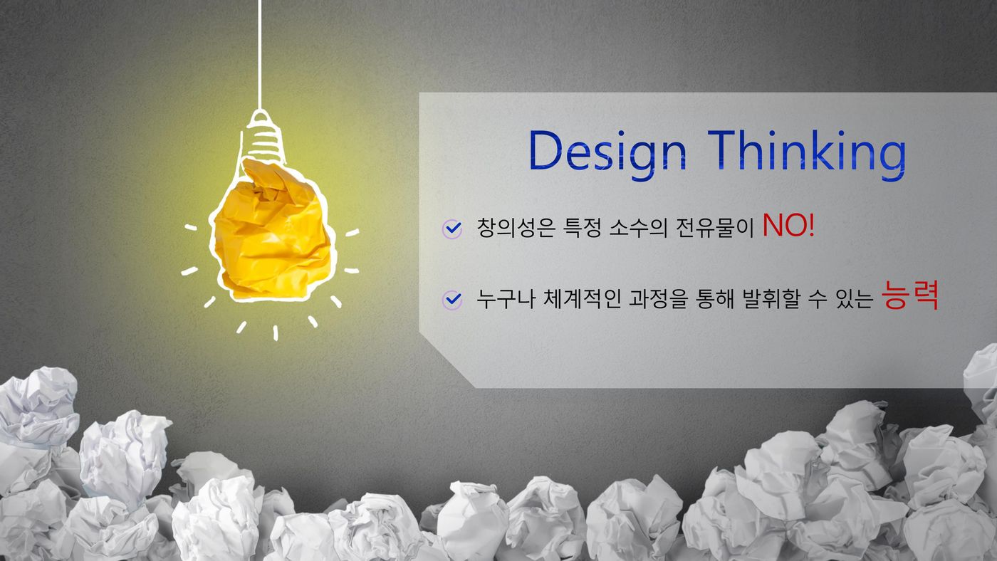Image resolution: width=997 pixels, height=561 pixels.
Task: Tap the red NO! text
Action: (x=789, y=225)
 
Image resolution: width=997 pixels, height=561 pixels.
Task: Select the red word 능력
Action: (x=910, y=295)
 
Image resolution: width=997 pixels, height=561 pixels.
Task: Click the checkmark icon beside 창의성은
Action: (x=452, y=229)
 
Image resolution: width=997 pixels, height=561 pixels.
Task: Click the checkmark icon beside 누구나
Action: (x=452, y=300)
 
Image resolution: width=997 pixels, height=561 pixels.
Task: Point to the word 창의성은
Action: (x=516, y=228)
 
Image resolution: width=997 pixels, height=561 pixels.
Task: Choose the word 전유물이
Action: (x=714, y=228)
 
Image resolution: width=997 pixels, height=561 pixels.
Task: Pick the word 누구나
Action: (x=506, y=298)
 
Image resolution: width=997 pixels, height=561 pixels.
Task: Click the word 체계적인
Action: (x=582, y=298)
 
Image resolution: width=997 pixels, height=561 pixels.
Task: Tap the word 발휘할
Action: (x=771, y=298)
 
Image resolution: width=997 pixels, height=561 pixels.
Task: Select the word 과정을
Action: (x=658, y=298)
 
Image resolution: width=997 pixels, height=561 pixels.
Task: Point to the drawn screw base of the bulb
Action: (x=263, y=136)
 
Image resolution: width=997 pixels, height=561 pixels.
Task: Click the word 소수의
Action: (x=638, y=228)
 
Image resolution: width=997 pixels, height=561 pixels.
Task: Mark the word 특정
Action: (x=583, y=228)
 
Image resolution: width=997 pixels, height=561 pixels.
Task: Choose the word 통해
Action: (x=714, y=298)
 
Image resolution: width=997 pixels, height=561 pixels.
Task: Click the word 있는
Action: (x=855, y=298)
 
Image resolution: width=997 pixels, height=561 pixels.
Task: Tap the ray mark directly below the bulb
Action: (x=276, y=332)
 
